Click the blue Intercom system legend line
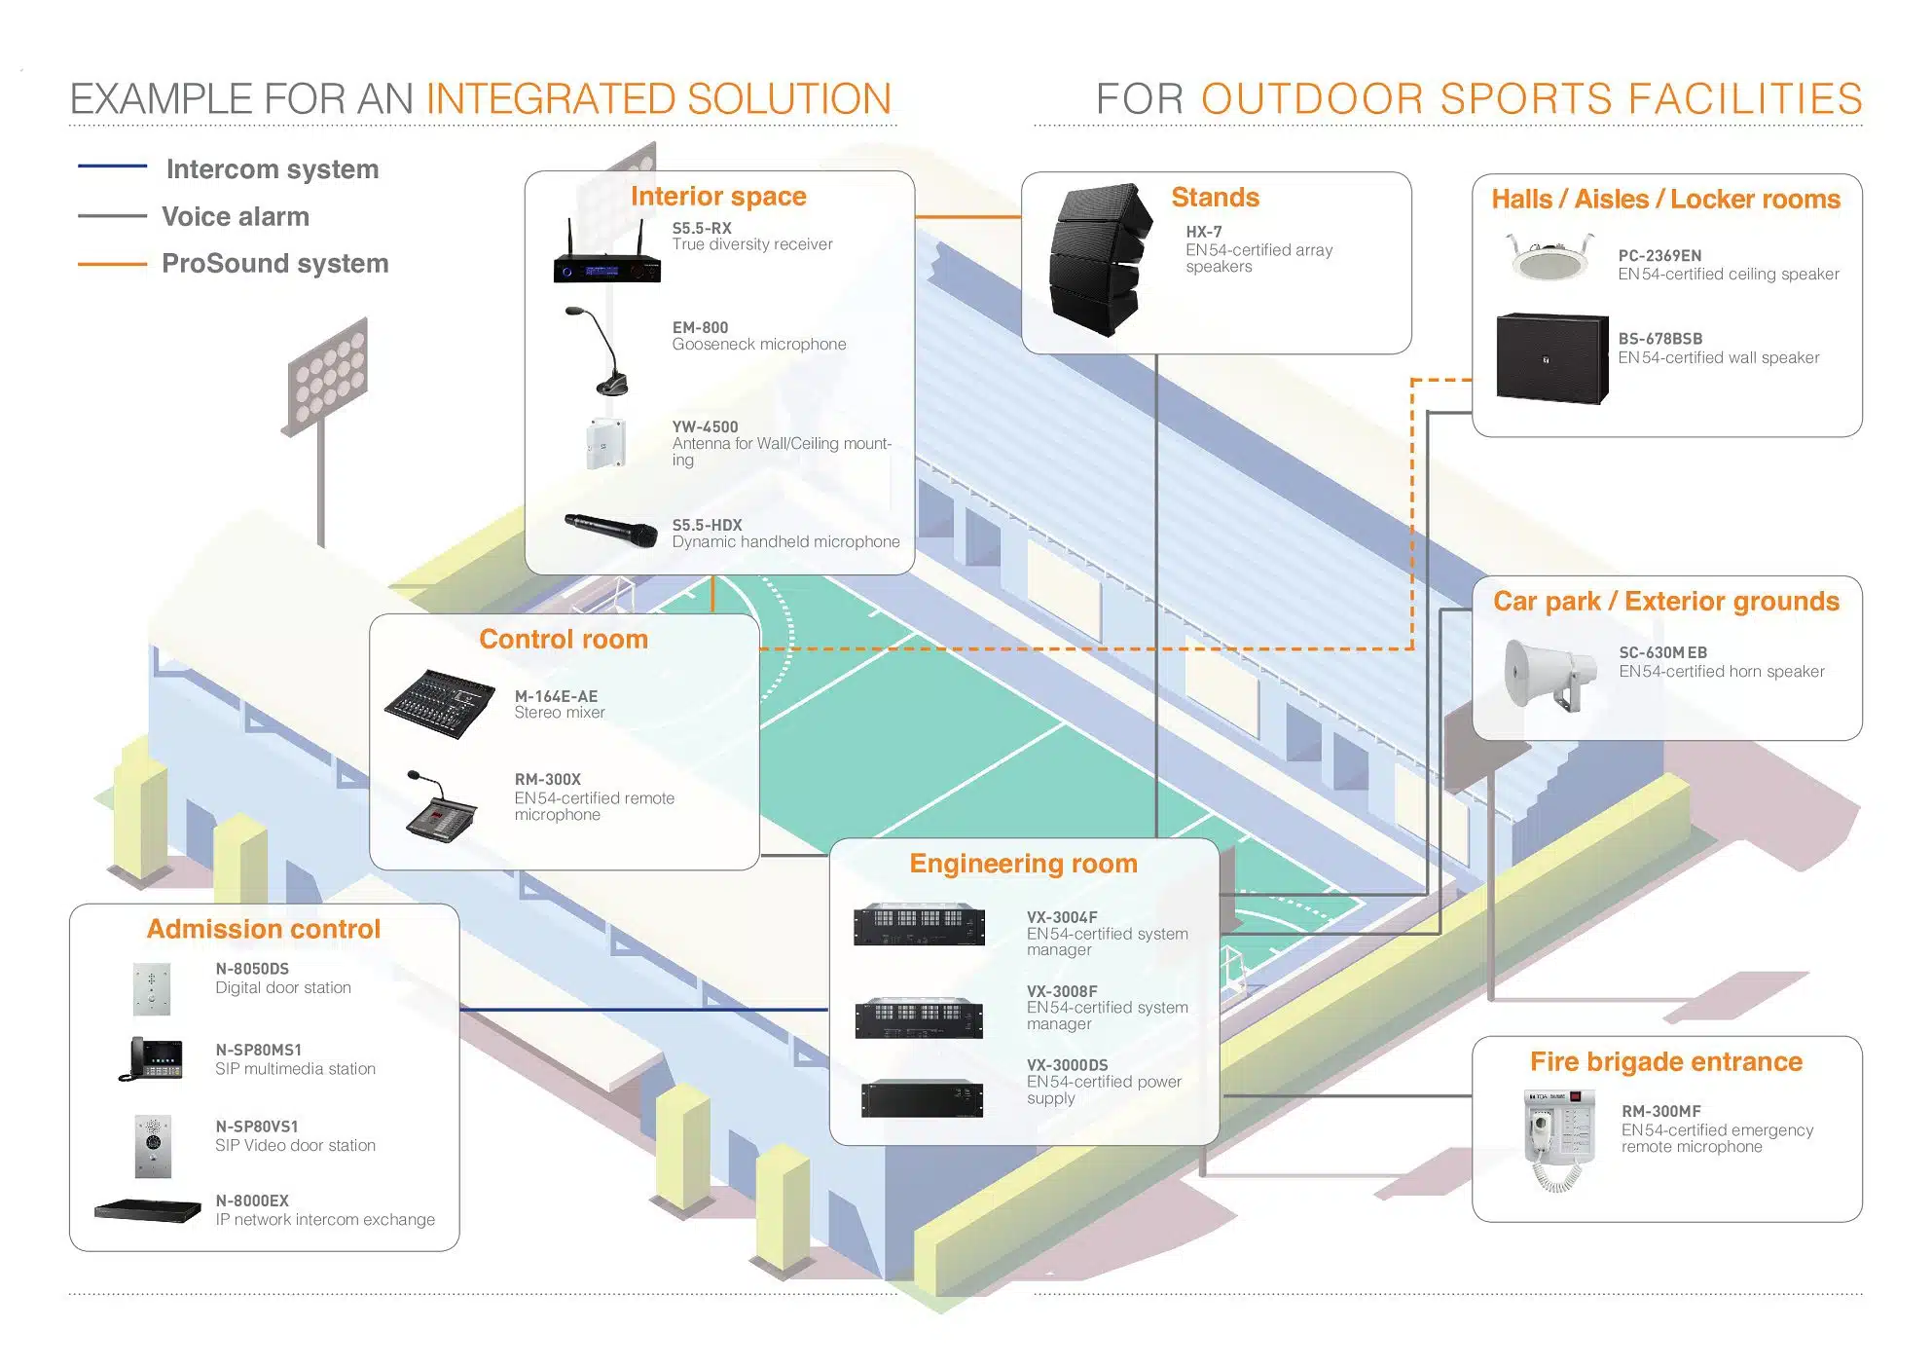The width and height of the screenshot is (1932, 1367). tap(112, 166)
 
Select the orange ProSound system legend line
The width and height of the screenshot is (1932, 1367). tap(112, 263)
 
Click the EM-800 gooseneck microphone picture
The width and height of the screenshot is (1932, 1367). tap(603, 351)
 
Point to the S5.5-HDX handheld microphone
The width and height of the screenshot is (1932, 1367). tap(611, 530)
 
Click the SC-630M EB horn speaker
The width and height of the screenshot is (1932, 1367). tap(1548, 673)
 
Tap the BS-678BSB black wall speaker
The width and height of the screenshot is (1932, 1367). tap(1551, 357)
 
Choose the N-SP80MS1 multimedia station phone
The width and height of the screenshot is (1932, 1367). tap(153, 1058)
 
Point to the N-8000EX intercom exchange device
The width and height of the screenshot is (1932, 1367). tap(148, 1210)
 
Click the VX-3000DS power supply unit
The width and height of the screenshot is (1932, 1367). tap(921, 1097)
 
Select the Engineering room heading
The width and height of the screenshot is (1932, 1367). tap(1023, 864)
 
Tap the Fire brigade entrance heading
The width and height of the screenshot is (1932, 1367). tap(1665, 1061)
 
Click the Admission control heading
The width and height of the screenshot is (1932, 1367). tap(264, 929)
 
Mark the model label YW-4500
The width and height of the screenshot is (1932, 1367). tap(705, 426)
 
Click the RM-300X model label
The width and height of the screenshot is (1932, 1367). tap(547, 779)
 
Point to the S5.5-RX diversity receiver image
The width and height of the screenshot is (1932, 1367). tap(606, 256)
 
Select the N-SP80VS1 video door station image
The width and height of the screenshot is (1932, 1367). tap(153, 1144)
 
